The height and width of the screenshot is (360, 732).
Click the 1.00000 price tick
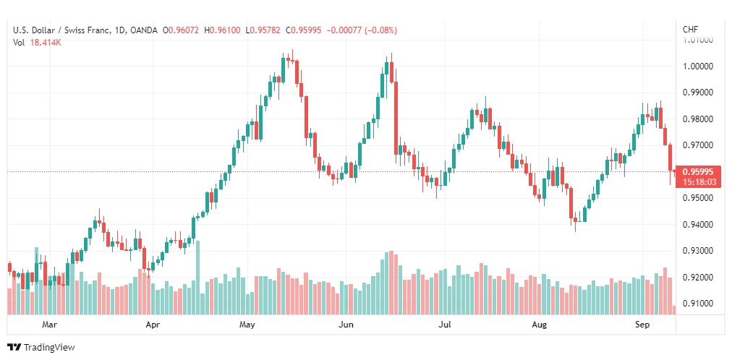click(x=699, y=67)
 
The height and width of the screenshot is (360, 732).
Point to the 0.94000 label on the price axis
click(x=699, y=225)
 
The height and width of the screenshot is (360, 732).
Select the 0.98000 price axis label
click(x=699, y=119)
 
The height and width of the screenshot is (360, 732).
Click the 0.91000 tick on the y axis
click(x=699, y=304)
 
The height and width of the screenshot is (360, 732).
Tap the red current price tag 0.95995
click(x=699, y=171)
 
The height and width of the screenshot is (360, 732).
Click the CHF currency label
click(x=691, y=30)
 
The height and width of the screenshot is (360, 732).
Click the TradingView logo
click(x=41, y=348)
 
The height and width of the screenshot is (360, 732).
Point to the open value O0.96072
click(x=181, y=30)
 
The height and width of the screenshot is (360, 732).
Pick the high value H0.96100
click(x=222, y=30)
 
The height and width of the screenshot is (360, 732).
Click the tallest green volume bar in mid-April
click(x=198, y=277)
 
